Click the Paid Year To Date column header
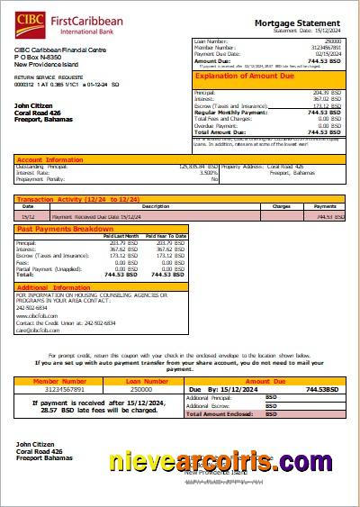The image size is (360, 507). click(169, 236)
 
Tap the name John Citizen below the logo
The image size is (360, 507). click(37, 105)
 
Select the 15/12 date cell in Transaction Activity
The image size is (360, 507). click(29, 216)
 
